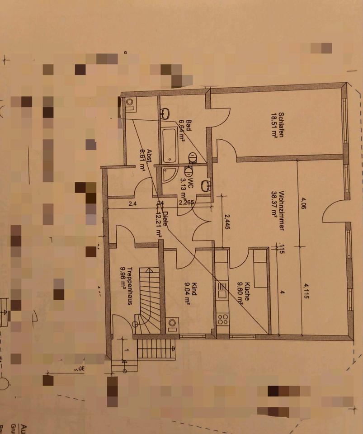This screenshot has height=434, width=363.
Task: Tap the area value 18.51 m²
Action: coord(273,125)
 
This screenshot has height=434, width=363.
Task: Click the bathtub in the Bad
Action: coord(170,145)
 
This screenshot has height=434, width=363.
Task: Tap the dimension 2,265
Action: coord(187,203)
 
